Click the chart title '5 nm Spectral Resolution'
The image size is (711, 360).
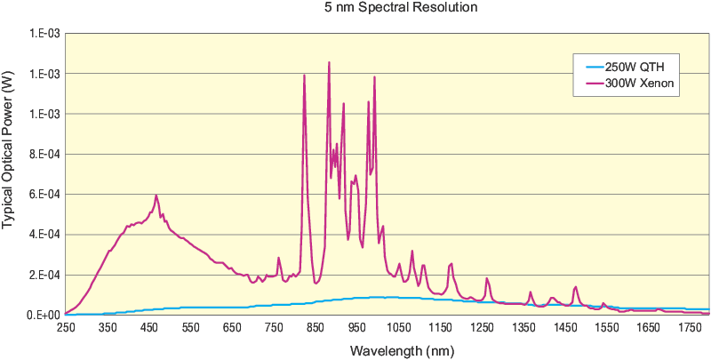(389, 8)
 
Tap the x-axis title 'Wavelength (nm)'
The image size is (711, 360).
(389, 350)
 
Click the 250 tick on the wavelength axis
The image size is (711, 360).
(66, 329)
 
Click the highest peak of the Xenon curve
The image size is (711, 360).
(329, 63)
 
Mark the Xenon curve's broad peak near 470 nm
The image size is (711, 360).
(156, 196)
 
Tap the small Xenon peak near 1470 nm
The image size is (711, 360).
(576, 287)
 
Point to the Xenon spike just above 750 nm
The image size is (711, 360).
(278, 259)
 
